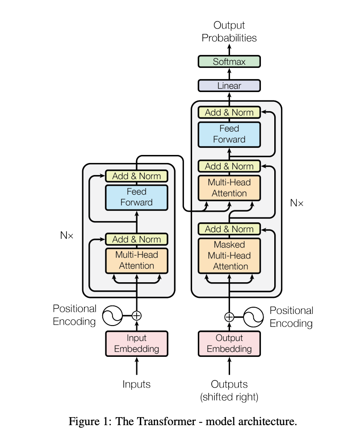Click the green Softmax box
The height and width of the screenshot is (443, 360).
(x=229, y=62)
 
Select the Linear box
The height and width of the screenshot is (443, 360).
(x=229, y=86)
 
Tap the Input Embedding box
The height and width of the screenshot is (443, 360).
(x=137, y=343)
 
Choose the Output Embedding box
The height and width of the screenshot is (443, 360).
(x=229, y=343)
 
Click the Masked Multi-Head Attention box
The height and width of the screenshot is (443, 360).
(x=229, y=256)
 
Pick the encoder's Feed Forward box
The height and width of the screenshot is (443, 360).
(x=137, y=197)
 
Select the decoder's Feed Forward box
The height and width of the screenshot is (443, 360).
(x=229, y=134)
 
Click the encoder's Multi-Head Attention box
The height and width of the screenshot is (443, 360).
(x=137, y=260)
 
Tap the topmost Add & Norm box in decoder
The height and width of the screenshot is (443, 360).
(x=229, y=112)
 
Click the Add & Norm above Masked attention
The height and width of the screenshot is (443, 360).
(x=229, y=229)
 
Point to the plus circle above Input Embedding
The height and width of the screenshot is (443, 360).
(x=137, y=316)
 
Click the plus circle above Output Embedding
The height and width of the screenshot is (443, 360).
(x=229, y=317)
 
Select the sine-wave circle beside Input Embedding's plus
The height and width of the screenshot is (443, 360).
(x=113, y=316)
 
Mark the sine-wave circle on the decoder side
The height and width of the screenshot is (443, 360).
(x=253, y=317)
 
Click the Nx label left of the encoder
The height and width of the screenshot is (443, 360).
(x=67, y=235)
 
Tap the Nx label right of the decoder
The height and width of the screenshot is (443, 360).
(x=297, y=203)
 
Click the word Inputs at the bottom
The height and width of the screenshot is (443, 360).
(x=137, y=384)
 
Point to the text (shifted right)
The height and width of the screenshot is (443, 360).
(x=229, y=397)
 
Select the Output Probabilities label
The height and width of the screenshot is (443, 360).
(x=229, y=31)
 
